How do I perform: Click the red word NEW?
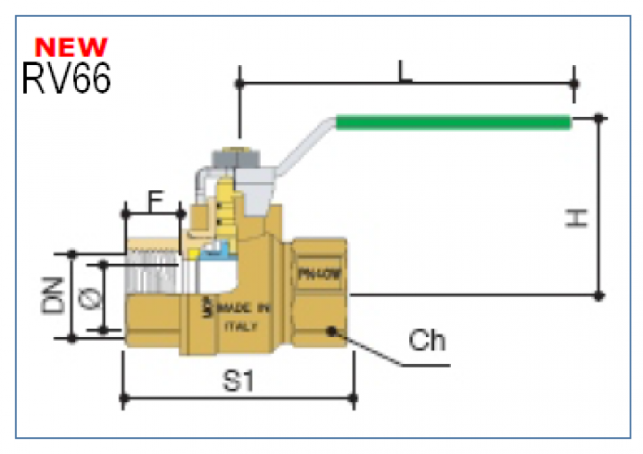click(71, 45)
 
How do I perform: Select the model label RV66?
click(66, 79)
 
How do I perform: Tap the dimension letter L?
click(405, 72)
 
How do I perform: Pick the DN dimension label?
click(53, 294)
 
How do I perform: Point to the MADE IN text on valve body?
click(238, 309)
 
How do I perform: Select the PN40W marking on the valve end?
click(316, 276)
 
